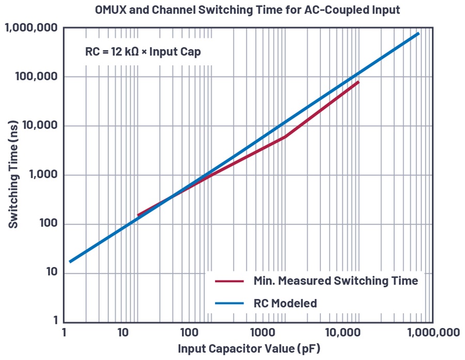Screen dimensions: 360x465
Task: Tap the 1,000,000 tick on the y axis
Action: point(32,28)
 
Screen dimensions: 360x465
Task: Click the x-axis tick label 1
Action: point(64,333)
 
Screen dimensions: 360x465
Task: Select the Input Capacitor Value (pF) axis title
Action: point(249,349)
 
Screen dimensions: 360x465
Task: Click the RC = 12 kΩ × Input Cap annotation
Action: point(143,52)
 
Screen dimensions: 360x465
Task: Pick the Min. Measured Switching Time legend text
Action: point(335,281)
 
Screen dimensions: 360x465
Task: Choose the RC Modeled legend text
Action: point(285,303)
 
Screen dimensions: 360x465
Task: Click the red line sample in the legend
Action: point(229,281)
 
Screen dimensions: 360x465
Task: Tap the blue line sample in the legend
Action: point(229,303)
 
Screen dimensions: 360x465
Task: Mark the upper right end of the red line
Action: point(358,82)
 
